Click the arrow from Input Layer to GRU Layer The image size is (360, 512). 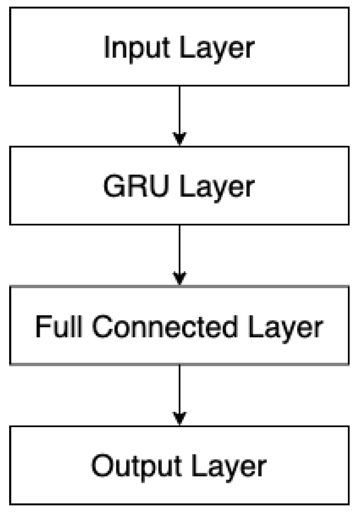coord(179,112)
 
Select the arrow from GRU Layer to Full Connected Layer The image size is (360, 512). coord(179,252)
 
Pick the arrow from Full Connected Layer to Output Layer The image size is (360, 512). coord(179,391)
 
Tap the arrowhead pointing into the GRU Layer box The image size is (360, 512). coord(179,139)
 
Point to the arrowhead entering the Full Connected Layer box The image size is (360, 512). coord(179,278)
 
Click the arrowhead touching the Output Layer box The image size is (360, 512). coord(179,417)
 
